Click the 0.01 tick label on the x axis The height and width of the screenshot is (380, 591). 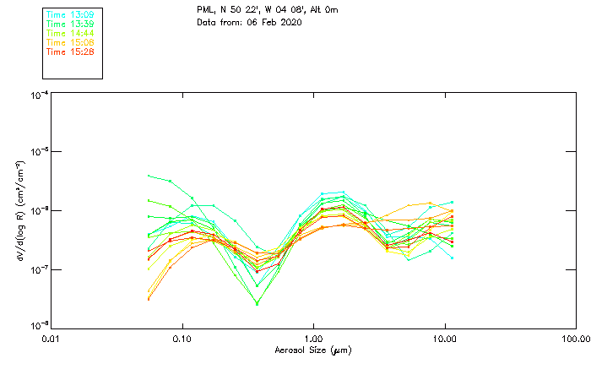52,339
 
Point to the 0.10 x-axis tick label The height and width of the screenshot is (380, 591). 182,339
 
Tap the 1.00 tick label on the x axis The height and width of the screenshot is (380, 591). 314,339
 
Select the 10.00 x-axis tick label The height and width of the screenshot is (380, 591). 444,339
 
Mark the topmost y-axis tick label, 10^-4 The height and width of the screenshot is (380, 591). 39,95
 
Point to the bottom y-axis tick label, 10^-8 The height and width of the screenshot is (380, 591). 39,326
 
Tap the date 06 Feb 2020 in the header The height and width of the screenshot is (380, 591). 274,22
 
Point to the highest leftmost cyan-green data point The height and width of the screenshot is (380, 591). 149,176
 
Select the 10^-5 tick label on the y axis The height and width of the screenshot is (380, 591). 39,152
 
